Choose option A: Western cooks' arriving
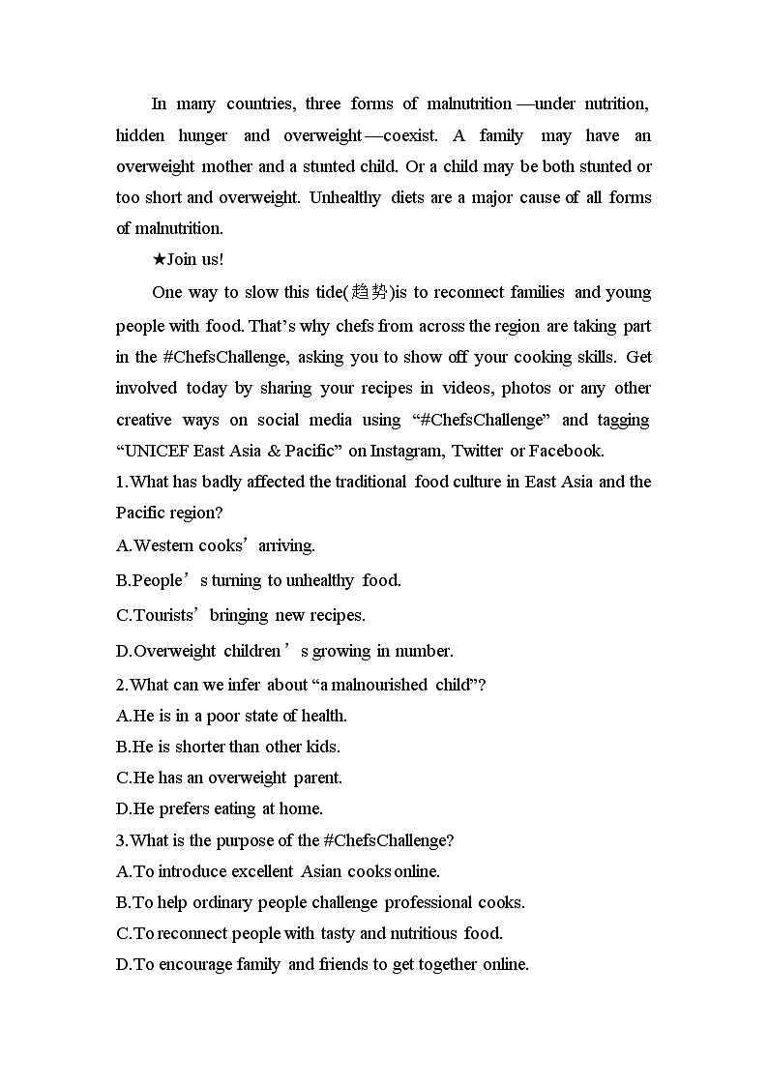[x=215, y=545]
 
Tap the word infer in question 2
[x=246, y=685]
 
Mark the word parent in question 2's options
[x=317, y=778]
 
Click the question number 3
[x=121, y=840]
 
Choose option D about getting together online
[x=322, y=964]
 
